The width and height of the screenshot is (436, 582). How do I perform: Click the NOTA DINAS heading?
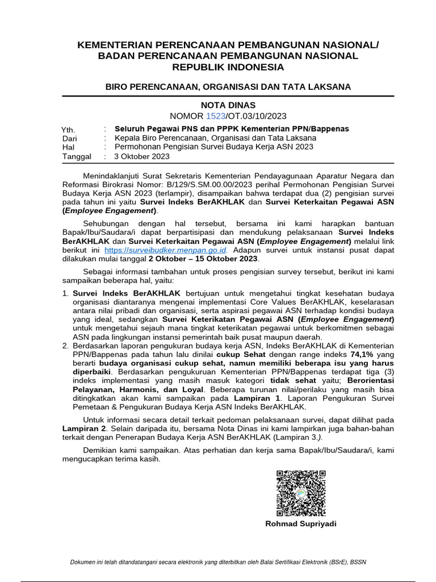228,105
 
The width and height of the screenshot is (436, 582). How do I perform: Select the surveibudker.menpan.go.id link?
166,250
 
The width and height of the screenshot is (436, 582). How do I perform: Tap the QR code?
301,493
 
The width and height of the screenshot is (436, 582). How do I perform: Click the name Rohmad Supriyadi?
301,523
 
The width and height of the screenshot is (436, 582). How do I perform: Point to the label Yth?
68,130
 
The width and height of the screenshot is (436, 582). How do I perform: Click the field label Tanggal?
76,156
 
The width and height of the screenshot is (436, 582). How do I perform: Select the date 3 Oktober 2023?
141,156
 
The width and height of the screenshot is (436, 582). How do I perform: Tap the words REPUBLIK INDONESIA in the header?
228,67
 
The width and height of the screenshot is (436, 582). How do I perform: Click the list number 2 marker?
65,346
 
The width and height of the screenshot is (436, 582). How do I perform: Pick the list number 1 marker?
65,293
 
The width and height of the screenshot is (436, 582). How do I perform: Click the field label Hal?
68,147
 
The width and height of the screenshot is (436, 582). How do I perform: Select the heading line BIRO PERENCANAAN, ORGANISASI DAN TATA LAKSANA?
228,87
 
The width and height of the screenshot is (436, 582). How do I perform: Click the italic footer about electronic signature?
218,562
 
